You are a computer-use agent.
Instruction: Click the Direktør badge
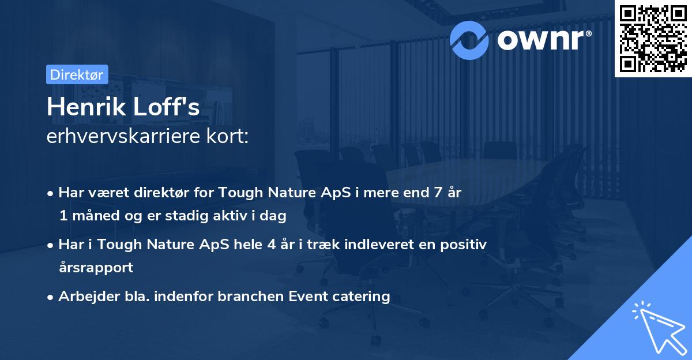coord(77,74)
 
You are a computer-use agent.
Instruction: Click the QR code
coord(652,38)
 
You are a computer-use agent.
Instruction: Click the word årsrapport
coord(96,268)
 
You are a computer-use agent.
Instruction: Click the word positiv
coord(464,245)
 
